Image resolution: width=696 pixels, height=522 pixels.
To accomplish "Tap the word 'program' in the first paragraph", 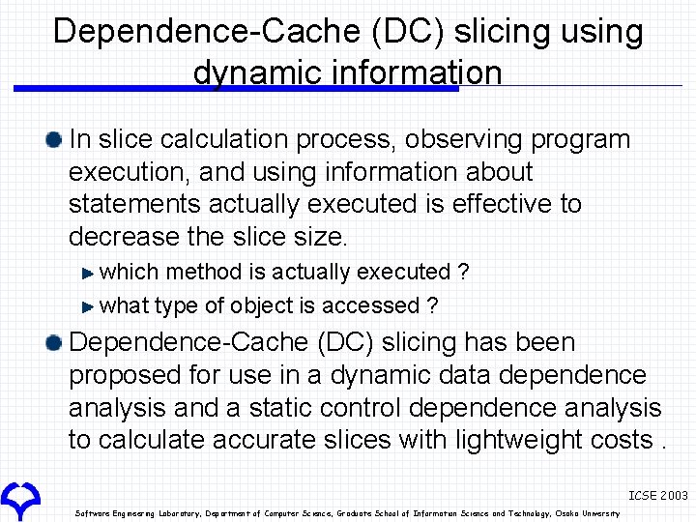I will [x=582, y=140].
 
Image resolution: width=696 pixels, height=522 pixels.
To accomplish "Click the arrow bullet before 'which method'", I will [x=89, y=273].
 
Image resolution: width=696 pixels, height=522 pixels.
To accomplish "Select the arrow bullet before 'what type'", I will [x=89, y=306].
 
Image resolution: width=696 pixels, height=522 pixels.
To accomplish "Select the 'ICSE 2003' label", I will [x=657, y=495].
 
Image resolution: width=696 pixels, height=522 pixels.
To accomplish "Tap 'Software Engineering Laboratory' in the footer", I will [x=131, y=513].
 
